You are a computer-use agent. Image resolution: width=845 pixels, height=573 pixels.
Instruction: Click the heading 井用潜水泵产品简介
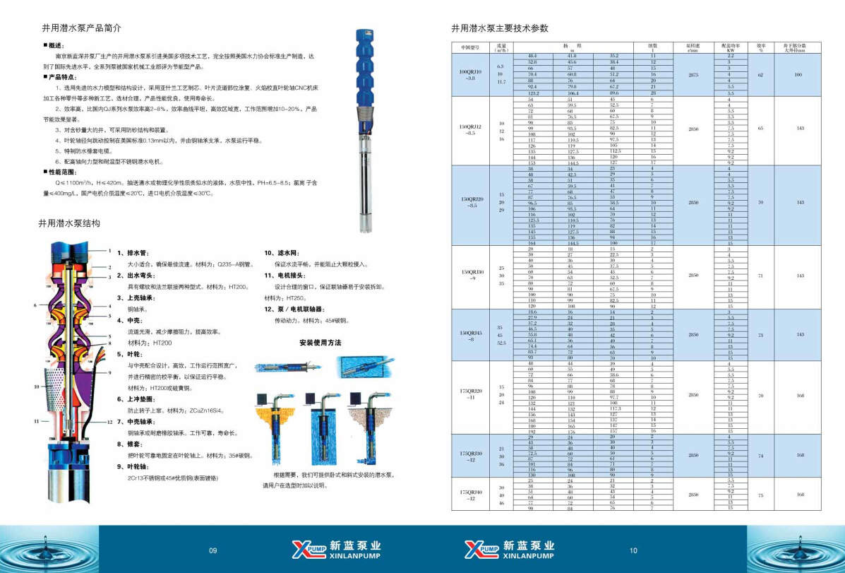(82, 29)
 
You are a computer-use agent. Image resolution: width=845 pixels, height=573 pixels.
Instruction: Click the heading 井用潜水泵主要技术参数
(499, 29)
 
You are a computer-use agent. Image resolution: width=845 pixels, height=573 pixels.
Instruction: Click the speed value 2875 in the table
(693, 73)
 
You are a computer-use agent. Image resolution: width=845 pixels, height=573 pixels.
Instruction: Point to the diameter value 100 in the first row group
(798, 73)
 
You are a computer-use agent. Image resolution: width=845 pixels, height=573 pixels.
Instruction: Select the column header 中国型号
(470, 48)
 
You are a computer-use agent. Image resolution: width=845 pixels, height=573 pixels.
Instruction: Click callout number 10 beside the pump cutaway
(36, 387)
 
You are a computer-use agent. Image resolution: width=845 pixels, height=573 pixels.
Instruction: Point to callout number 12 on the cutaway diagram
(109, 421)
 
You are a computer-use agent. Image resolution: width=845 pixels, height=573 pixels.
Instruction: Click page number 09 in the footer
(213, 550)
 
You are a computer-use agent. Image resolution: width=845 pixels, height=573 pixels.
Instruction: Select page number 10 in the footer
(633, 550)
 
